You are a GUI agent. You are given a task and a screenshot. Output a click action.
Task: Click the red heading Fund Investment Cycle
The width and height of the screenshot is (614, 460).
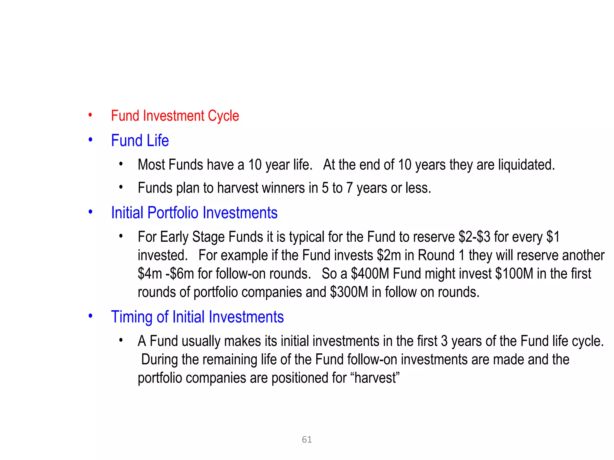click(x=175, y=116)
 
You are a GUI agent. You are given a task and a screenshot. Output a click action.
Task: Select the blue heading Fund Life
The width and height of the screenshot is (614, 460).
click(x=140, y=140)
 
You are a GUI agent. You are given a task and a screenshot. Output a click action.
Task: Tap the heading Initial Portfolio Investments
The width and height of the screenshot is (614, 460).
click(x=194, y=213)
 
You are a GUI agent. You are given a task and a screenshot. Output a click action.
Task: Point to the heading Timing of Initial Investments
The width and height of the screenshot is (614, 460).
click(x=197, y=317)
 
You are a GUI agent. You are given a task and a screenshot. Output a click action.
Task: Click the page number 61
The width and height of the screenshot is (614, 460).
click(x=307, y=440)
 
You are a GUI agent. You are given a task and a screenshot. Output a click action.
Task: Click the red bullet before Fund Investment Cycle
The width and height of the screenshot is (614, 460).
click(x=90, y=115)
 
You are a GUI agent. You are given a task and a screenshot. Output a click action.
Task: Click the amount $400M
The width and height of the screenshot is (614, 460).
click(x=370, y=274)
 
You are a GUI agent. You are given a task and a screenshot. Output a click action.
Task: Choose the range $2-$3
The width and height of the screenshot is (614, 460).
click(x=474, y=237)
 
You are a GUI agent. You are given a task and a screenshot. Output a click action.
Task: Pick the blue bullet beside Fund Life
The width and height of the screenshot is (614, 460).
click(x=90, y=140)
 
